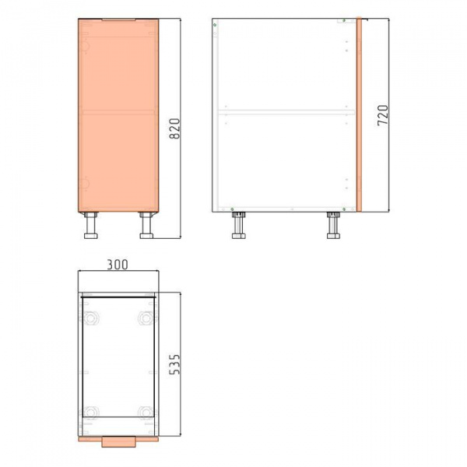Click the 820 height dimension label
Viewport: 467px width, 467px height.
175,128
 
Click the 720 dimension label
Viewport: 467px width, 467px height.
383,115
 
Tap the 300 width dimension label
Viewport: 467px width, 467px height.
118,265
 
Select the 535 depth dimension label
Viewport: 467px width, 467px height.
174,364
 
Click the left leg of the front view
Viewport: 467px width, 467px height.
90,225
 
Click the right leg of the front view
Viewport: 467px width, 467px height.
146,225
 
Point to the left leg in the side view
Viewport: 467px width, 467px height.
239,225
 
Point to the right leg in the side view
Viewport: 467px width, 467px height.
334,225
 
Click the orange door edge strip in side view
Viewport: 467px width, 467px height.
359,114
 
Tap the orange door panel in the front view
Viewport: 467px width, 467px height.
118,115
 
